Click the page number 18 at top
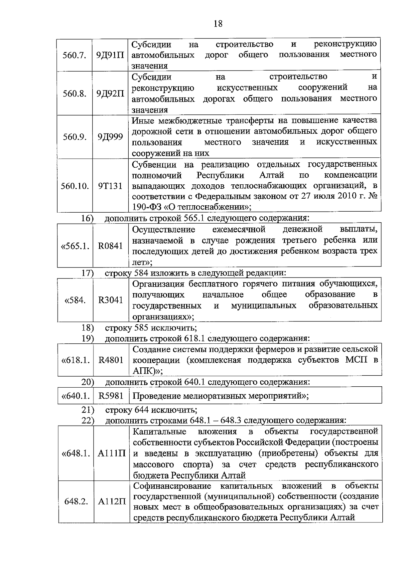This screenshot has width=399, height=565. point(218,24)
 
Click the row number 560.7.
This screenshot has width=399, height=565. point(74,55)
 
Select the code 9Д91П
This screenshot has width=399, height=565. point(110,55)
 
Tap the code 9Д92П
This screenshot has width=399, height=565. point(110,94)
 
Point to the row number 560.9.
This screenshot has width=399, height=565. point(74,137)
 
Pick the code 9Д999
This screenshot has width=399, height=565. point(110,137)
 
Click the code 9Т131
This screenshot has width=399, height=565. point(110,186)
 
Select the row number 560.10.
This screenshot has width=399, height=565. point(74,186)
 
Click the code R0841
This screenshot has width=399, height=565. point(110,246)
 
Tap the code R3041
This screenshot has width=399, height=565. point(110,300)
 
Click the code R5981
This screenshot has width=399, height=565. point(111,396)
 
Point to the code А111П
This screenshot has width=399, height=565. point(111,454)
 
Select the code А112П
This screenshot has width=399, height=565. point(111,501)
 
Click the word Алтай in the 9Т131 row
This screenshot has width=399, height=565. point(271,175)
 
